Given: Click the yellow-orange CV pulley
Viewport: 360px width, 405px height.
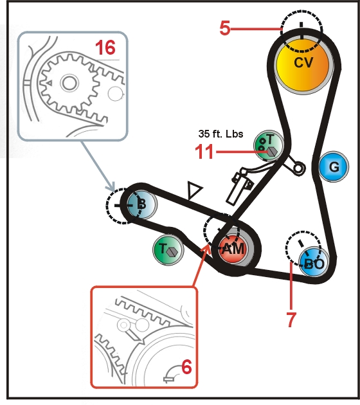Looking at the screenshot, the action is coord(303,65).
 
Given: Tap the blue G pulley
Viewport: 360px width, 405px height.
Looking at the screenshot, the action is coord(334,167).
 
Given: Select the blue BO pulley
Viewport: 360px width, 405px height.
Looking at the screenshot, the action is coord(314,262).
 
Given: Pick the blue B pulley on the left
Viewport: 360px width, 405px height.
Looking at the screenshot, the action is coord(141,204).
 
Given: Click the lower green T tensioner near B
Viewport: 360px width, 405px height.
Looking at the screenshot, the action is coord(168,249).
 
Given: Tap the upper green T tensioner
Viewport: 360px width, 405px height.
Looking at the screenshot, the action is coord(269,146).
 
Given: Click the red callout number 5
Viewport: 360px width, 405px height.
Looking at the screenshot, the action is coord(225,28).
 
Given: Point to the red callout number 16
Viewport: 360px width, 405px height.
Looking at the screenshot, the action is coord(105,48).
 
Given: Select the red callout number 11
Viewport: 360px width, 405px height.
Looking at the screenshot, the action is coord(204,152).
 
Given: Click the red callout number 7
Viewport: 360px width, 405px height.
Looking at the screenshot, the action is coord(291,319).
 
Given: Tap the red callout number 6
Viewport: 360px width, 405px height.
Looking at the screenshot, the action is coord(186,367).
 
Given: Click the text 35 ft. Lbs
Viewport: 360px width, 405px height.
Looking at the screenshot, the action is coord(221,134).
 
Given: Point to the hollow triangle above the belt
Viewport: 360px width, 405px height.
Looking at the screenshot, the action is coord(194,190).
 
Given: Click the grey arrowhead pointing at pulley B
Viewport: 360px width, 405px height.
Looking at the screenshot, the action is coord(112,186).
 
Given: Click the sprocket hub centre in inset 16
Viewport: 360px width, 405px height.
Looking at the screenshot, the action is coord(69,83).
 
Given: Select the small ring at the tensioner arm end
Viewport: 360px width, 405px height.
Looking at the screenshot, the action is coord(298,168).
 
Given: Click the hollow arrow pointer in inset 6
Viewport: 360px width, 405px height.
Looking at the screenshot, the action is coord(134,336).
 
